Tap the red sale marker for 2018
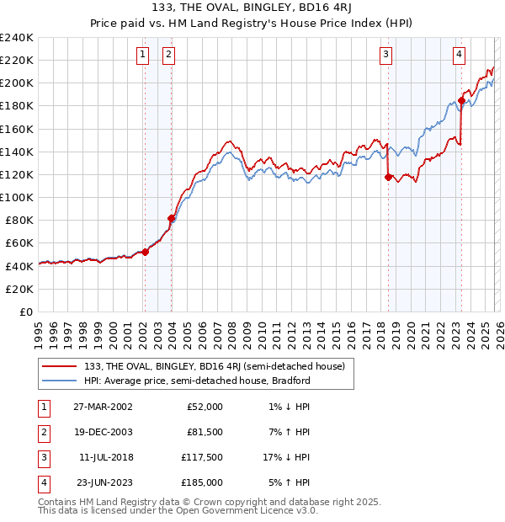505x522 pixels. click(388, 177)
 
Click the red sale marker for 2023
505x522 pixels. click(461, 100)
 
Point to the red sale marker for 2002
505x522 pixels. click(145, 252)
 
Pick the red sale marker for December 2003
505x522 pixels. click(171, 218)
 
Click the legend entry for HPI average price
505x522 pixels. click(197, 381)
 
